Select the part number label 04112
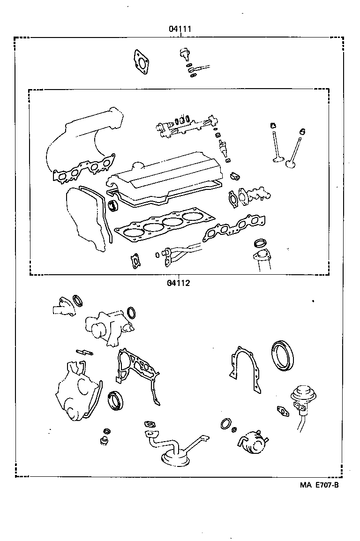(178, 283)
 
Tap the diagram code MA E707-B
(319, 485)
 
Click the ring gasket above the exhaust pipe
(259, 243)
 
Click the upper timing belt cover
(84, 220)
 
